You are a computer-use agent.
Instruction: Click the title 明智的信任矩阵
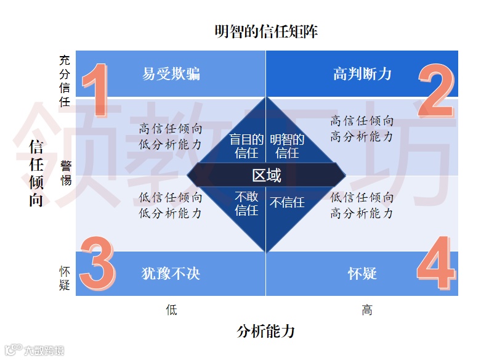pos(266,31)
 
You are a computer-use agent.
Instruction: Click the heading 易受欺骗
pos(171,74)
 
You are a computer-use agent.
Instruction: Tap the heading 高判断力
pos(362,74)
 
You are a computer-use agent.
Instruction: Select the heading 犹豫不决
pos(171,273)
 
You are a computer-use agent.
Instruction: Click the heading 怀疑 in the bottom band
pos(362,273)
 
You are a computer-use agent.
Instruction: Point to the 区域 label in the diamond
pos(267,176)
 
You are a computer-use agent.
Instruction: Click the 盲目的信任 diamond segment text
pos(247,146)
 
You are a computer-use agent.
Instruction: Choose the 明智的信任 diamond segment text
pos(287,146)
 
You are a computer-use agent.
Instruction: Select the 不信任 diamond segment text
pos(287,202)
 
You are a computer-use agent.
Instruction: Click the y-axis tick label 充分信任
pos(65,81)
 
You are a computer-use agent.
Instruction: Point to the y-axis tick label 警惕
pos(66,173)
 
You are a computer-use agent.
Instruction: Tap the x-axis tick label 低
pos(171,310)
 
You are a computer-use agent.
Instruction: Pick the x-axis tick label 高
pos(367,310)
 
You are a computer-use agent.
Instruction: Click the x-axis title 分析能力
pos(266,332)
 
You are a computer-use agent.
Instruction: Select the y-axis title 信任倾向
pos(36,173)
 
